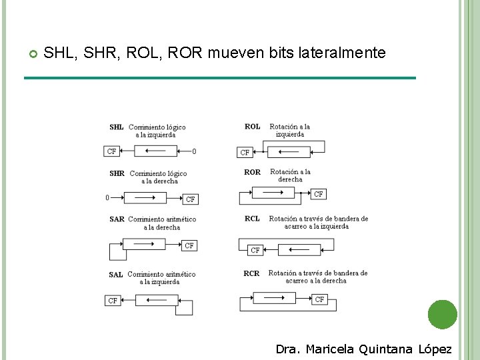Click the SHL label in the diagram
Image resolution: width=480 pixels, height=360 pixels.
point(117,127)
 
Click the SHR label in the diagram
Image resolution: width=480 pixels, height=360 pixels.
point(117,173)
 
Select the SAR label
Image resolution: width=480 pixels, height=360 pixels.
point(117,219)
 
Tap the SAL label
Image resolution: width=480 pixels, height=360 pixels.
point(116,274)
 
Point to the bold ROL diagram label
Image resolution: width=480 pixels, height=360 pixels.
point(253,127)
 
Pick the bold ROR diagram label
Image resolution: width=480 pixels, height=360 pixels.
point(253,172)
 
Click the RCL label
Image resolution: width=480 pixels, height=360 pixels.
point(252,219)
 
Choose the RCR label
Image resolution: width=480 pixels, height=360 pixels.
point(251,273)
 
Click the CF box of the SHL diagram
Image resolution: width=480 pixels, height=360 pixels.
point(112,151)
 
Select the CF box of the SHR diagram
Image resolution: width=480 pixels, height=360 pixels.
point(191,199)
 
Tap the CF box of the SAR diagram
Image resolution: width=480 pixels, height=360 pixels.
point(189,245)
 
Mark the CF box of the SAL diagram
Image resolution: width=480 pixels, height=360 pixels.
point(113,301)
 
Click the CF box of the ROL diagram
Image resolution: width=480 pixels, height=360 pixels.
point(245,153)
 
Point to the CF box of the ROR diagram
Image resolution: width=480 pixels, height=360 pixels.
point(319,194)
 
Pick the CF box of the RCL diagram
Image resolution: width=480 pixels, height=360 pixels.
point(255,250)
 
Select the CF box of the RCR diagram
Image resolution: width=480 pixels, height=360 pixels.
point(320,299)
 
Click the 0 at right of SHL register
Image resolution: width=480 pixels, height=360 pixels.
point(194,151)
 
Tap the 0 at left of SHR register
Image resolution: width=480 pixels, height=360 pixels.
point(107,197)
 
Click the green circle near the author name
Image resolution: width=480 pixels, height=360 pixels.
point(442,315)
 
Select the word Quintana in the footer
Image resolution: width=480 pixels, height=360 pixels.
point(386,349)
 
